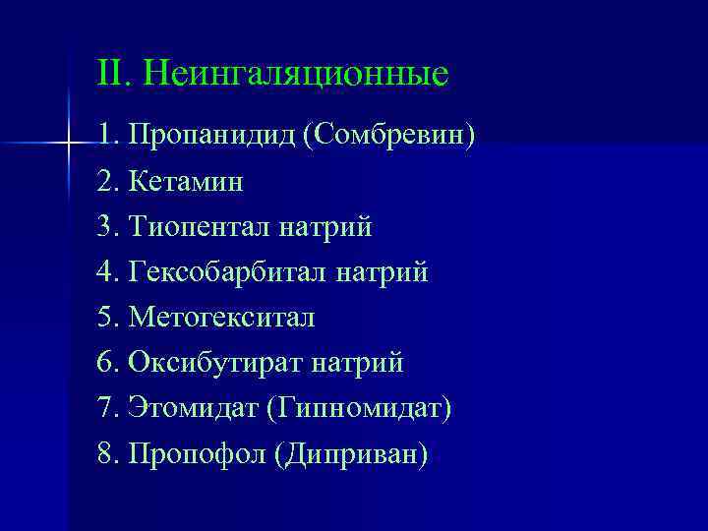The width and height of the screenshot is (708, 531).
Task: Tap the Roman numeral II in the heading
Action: tap(109, 73)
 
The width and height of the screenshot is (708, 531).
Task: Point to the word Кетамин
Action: tap(185, 182)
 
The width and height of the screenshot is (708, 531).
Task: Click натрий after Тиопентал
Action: tap(325, 227)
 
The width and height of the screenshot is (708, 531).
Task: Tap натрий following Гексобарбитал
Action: tap(382, 272)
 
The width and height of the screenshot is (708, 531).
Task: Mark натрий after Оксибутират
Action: tap(357, 364)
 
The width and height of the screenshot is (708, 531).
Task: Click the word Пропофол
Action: tap(197, 454)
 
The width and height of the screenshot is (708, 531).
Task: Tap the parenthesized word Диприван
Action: tap(352, 454)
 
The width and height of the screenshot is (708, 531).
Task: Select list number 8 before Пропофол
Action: tap(105, 454)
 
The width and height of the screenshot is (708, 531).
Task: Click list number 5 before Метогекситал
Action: tap(105, 319)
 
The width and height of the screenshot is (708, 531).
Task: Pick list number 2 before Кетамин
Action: tap(105, 182)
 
